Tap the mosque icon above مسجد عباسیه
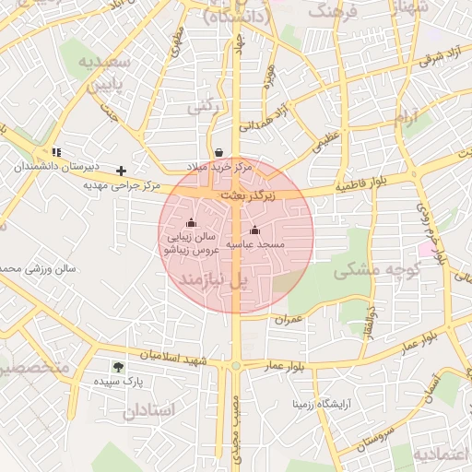[x=254, y=230]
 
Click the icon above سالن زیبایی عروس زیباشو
[x=191, y=222]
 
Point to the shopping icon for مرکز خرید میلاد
[x=218, y=152]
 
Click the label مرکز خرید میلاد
[x=218, y=167]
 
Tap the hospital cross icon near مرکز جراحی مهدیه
[x=121, y=171]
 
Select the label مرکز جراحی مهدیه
[x=122, y=185]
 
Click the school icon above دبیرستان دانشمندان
[x=56, y=152]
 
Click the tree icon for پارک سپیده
[x=117, y=366]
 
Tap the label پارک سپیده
[x=121, y=380]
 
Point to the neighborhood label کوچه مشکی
[x=377, y=271]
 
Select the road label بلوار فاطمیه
[x=355, y=187]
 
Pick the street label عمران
[x=289, y=318]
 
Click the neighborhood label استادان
[x=147, y=410]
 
